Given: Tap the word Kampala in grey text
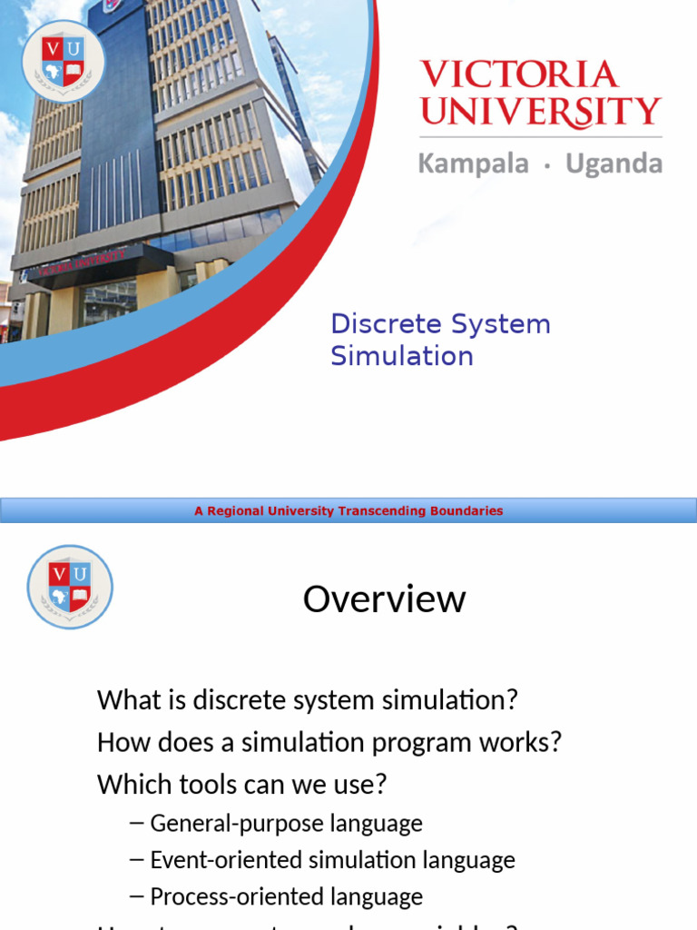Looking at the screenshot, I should tap(473, 164).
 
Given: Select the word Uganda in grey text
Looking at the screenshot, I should tap(614, 164).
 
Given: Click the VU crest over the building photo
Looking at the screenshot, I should tap(64, 61).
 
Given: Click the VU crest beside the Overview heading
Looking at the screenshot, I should tap(70, 587).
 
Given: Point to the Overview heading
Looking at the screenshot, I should tap(384, 599).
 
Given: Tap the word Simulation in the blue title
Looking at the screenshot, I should tap(401, 356).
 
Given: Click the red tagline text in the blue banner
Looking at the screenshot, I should tap(348, 511).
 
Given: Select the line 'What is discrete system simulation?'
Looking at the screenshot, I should tap(308, 700).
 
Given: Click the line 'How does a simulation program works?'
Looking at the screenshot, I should tap(329, 742).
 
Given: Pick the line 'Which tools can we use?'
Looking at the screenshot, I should tap(242, 784).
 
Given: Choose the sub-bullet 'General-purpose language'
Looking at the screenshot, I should tap(286, 824).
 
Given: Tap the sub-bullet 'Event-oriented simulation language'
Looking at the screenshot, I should tap(332, 860).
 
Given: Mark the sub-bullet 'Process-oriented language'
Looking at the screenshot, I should tap(286, 896).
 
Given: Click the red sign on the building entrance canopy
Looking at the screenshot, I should tap(78, 264).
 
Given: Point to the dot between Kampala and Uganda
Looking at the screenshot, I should tap(546, 166).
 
